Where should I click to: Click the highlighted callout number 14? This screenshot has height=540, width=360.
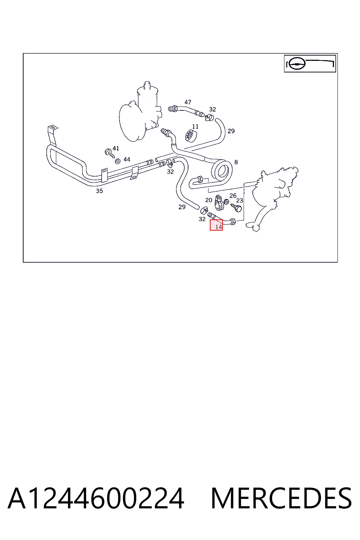click(x=218, y=227)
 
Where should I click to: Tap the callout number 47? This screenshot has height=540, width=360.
click(x=188, y=102)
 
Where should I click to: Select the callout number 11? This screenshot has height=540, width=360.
click(x=195, y=127)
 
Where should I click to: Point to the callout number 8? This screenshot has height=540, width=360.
click(x=236, y=162)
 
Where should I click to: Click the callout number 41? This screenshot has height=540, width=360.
click(x=116, y=148)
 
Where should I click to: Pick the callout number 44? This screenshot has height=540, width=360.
click(x=127, y=159)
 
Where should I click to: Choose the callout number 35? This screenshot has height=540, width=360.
click(x=99, y=191)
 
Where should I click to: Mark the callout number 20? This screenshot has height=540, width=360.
click(x=208, y=200)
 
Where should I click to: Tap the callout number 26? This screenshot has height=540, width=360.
click(x=233, y=195)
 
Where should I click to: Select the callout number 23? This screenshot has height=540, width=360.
click(x=239, y=201)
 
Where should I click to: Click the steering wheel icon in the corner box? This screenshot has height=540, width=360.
click(x=297, y=64)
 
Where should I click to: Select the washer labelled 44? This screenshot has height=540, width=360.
click(x=118, y=161)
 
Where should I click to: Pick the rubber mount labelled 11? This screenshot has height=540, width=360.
click(x=191, y=136)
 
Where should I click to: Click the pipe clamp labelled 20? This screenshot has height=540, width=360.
click(x=219, y=202)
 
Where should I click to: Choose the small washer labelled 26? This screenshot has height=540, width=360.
click(x=226, y=202)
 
